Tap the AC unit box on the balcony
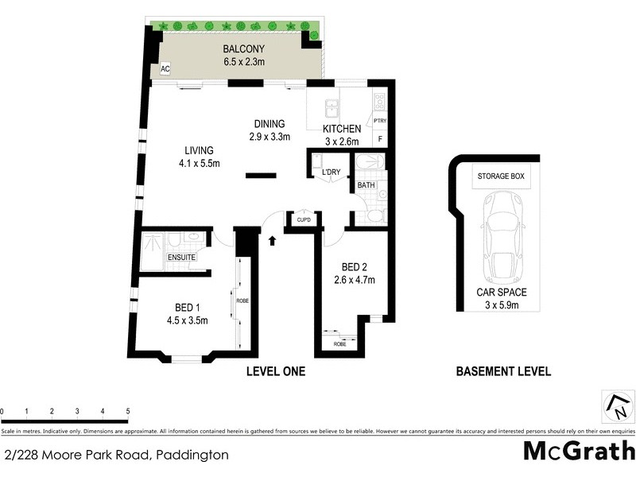tap(165, 69)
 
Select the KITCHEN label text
tap(342, 129)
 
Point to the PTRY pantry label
tap(380, 121)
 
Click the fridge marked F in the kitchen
tap(380, 140)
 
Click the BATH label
tap(366, 185)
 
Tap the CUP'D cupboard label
tap(303, 219)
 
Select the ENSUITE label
tap(181, 258)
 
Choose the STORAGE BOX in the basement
tap(503, 176)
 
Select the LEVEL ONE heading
tap(276, 371)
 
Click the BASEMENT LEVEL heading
tap(503, 371)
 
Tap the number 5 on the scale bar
tap(127, 411)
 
